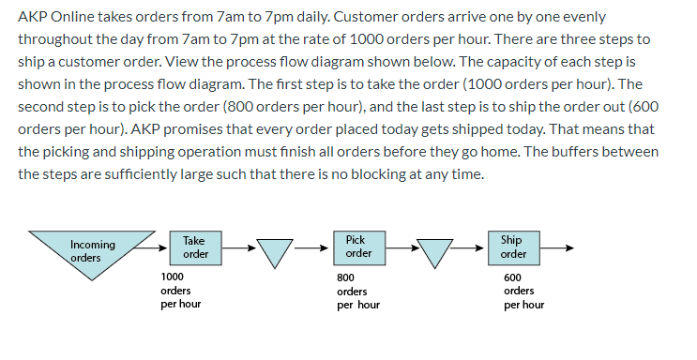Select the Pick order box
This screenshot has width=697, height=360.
(357, 247)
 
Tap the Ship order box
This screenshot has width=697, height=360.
(512, 247)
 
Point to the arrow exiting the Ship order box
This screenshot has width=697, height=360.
(554, 248)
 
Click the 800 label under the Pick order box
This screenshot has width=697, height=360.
(345, 278)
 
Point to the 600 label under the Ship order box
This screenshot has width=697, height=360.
(512, 278)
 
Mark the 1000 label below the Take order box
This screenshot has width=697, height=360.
(173, 277)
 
